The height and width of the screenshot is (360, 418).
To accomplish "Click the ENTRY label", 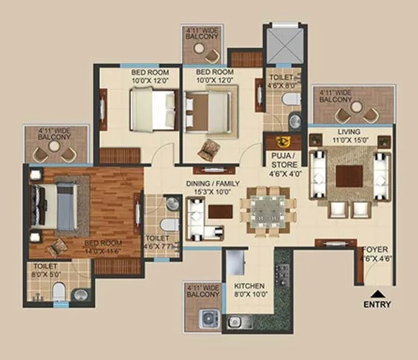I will click(x=378, y=305).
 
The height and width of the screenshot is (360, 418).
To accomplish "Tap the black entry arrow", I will click(x=378, y=292).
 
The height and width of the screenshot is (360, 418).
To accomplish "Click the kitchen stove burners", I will click(x=282, y=274).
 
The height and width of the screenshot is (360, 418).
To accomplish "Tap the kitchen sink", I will click(x=237, y=322).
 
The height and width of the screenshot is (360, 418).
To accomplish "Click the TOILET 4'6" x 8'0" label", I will click(x=281, y=79).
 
